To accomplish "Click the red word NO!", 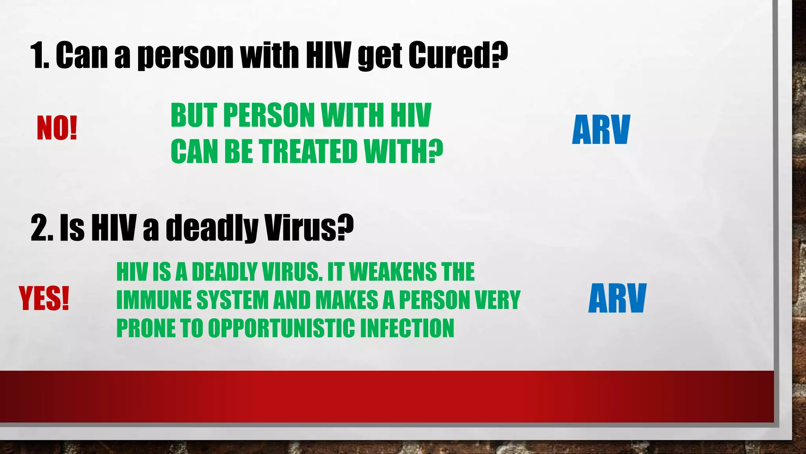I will pyautogui.click(x=57, y=128).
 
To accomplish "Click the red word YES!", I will pyautogui.click(x=44, y=298).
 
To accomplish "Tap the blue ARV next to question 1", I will pyautogui.click(x=601, y=130).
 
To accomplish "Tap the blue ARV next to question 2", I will pyautogui.click(x=617, y=298).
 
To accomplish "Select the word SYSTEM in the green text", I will pyautogui.click(x=232, y=300).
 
